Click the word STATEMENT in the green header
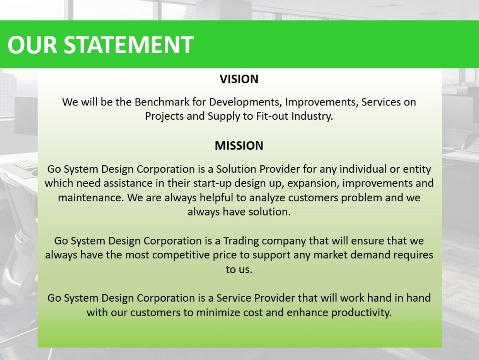[x=128, y=45]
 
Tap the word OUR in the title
[x=32, y=45]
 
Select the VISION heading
[x=239, y=79]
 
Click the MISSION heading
[x=239, y=146]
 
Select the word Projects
[x=164, y=116]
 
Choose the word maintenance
[x=90, y=198]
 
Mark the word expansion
[x=317, y=183]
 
